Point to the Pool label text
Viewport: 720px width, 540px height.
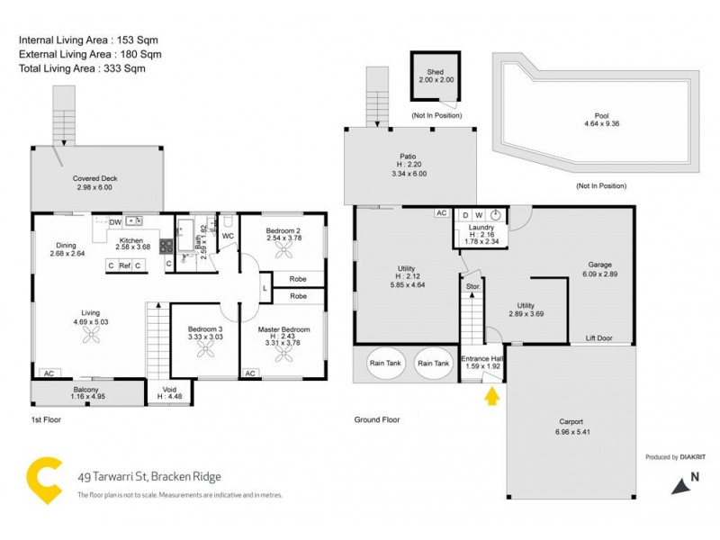601,116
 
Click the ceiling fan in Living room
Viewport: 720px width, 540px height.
91,336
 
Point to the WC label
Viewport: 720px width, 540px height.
228,237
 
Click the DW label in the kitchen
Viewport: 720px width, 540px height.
115,221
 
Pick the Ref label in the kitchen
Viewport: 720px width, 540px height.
124,265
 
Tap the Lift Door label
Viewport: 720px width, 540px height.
598,338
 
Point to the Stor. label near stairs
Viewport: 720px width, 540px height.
472,286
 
